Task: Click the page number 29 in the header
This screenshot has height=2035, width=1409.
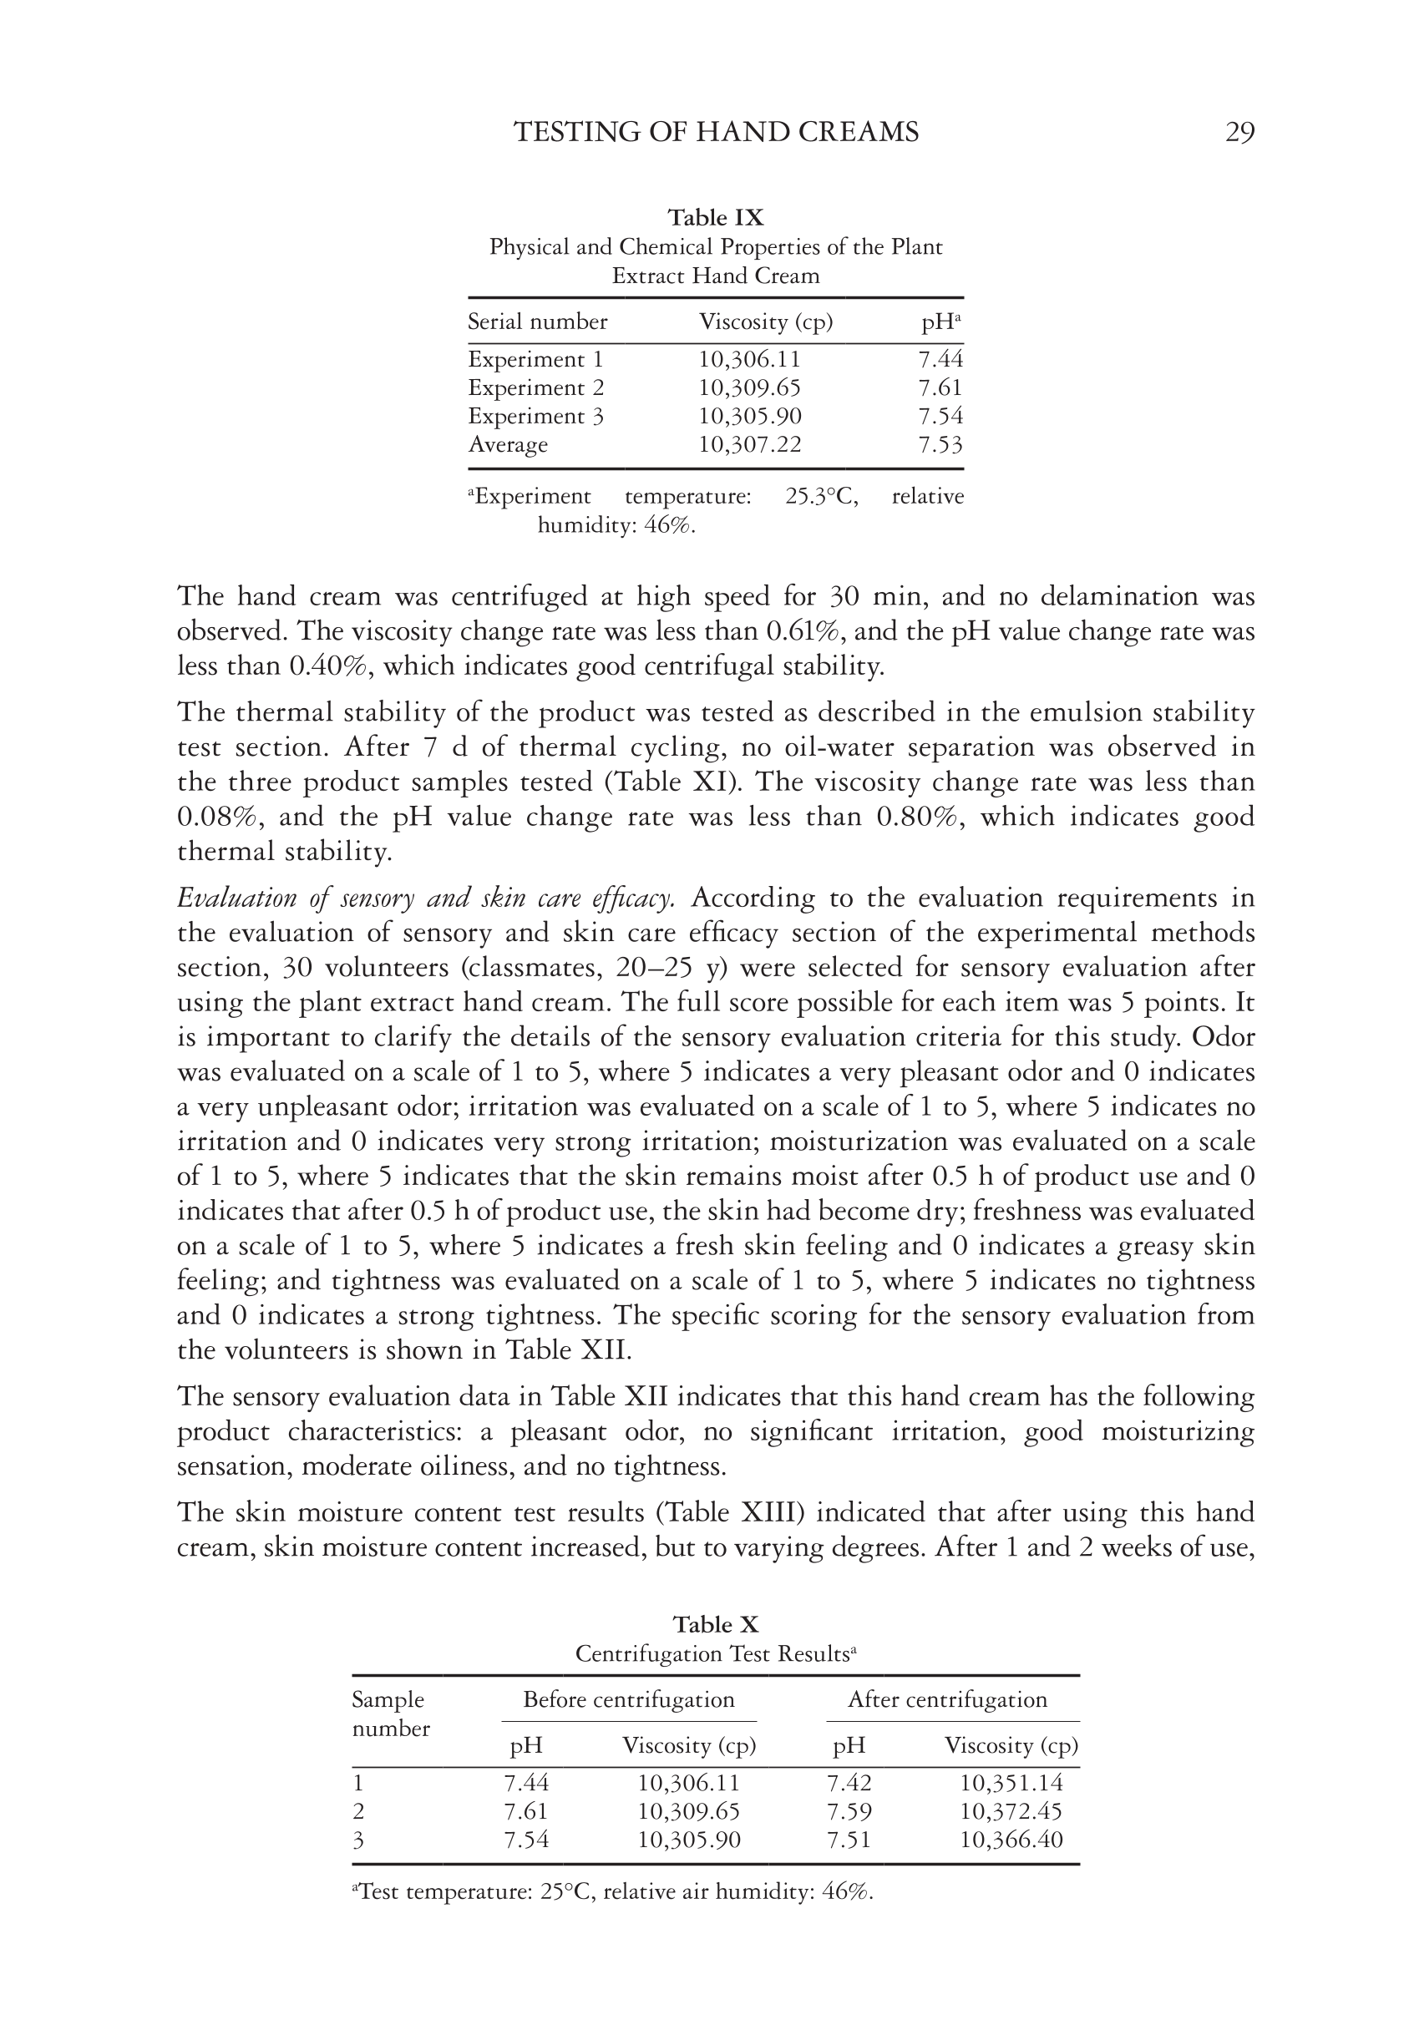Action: (1239, 133)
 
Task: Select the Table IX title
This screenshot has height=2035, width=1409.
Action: (715, 217)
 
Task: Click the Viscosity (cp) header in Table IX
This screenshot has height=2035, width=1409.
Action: (765, 322)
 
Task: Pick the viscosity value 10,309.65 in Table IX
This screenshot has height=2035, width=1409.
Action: (749, 388)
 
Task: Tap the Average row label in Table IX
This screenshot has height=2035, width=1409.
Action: (508, 445)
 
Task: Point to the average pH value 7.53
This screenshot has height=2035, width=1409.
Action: (940, 445)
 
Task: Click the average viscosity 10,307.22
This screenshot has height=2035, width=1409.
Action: (749, 445)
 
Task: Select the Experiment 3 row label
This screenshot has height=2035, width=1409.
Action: (535, 417)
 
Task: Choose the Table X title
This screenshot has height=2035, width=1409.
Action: (715, 1625)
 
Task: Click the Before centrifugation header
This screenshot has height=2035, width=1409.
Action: (629, 1699)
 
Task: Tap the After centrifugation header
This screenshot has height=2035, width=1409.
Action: (947, 1699)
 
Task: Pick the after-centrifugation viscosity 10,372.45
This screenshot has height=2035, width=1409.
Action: (1011, 1812)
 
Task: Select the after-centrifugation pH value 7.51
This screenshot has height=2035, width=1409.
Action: (849, 1840)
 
